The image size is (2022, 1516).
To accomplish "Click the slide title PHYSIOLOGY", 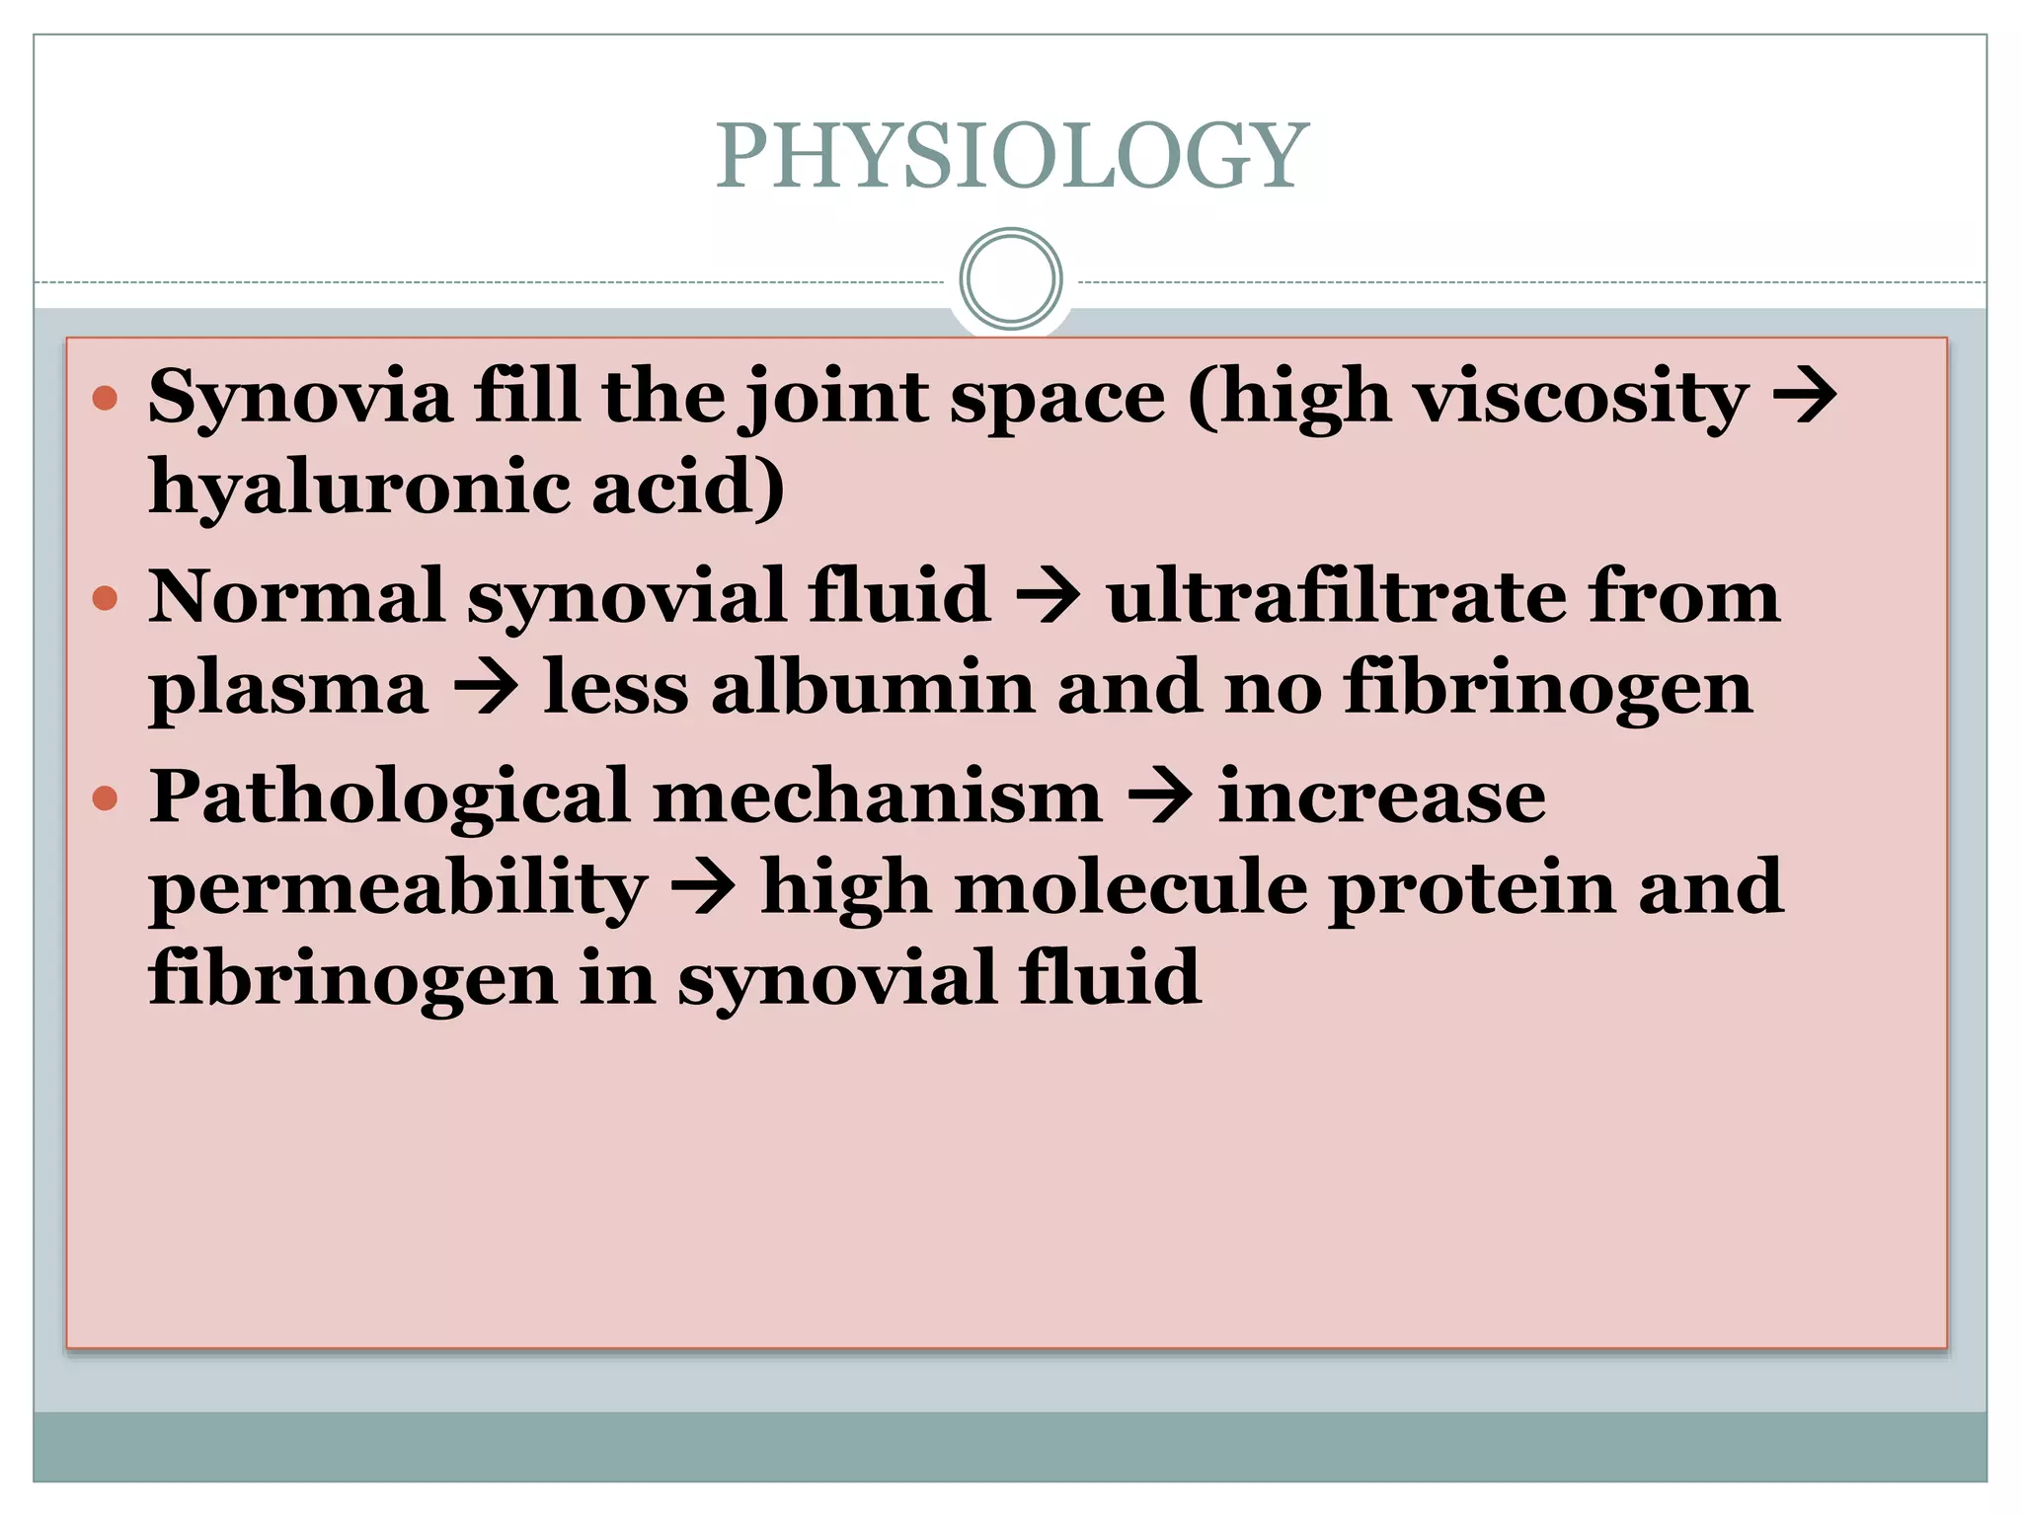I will coord(1012,156).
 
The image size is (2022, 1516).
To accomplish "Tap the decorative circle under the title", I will coord(1011,279).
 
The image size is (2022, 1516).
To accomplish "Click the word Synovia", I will coord(300,397).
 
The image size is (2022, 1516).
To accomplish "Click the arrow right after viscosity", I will coord(1806,397).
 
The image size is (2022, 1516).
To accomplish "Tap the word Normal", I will coord(296,596).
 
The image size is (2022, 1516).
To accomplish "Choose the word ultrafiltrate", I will coord(1335,596).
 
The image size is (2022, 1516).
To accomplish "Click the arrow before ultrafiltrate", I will coord(1049,598).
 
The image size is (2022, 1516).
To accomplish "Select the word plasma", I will coord(288,689).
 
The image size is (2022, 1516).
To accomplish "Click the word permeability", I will coord(398,888).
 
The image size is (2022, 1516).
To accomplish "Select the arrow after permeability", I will coord(704,888).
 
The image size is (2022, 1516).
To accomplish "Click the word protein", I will coord(1472,888).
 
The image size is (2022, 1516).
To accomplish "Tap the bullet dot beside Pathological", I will coord(105,797).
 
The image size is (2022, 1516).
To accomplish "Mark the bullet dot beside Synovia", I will coord(105,399).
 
